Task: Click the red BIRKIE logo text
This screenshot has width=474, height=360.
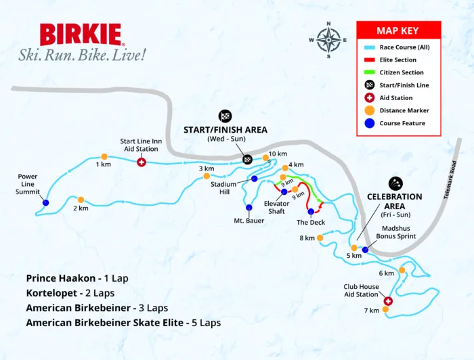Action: point(81,35)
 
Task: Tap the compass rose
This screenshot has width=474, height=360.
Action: point(328,39)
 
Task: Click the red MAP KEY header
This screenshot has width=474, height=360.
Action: point(399,30)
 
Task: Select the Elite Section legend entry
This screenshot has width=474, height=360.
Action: point(399,60)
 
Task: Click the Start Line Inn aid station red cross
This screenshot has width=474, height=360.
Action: point(142,162)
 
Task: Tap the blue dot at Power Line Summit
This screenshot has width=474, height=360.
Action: point(46,202)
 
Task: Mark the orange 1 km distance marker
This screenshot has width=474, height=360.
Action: point(104,156)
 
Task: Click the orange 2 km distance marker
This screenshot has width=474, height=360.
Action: point(81,200)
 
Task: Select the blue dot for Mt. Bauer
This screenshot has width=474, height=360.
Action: point(249,208)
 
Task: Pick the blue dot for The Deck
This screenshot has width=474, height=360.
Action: point(311,212)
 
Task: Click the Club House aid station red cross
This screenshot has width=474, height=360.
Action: point(388,301)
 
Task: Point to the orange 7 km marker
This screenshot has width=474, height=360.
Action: point(385,310)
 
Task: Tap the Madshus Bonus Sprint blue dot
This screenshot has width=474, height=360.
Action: point(365,250)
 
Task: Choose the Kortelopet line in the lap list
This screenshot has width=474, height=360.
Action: point(70,293)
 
